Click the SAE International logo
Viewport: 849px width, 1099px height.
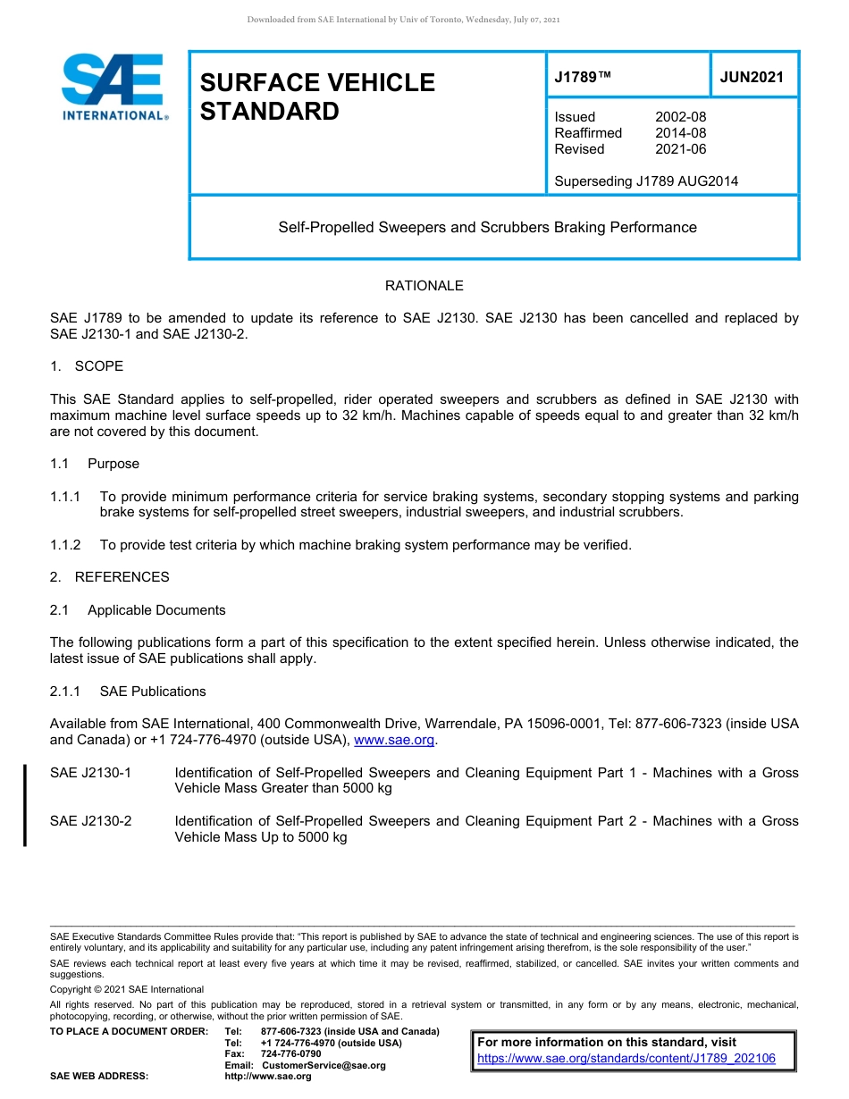click(x=113, y=87)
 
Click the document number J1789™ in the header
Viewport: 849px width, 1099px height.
click(x=583, y=77)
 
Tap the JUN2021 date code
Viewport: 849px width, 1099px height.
click(x=752, y=77)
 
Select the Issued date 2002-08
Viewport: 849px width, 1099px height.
click(x=680, y=117)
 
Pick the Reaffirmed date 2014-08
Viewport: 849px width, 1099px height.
click(x=680, y=133)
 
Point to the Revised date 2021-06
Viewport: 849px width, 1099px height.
click(x=680, y=149)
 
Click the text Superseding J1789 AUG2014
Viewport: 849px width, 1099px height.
click(x=646, y=181)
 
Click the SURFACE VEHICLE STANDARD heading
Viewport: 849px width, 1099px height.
click(x=317, y=96)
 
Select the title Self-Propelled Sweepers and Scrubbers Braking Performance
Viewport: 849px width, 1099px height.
click(x=487, y=227)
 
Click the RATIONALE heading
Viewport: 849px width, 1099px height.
click(x=424, y=286)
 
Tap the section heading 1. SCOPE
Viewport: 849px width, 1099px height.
click(x=87, y=366)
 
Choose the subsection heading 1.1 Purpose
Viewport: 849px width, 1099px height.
click(x=95, y=464)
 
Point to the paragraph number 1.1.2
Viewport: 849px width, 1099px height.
click(x=66, y=545)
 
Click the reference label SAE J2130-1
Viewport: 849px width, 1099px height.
click(x=91, y=773)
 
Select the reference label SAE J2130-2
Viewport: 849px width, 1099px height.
click(x=91, y=821)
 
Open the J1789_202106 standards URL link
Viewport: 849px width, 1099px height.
click(x=626, y=1059)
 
